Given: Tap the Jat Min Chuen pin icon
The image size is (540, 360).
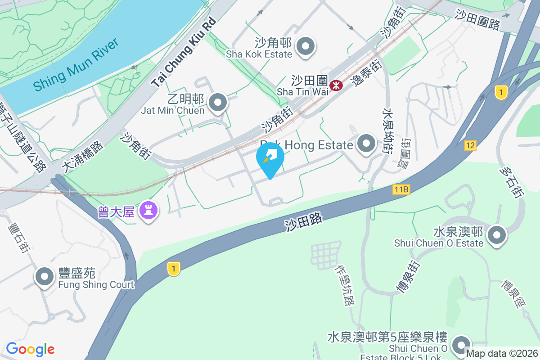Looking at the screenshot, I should click(x=218, y=103).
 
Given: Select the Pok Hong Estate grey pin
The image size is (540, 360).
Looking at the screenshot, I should click(x=366, y=144).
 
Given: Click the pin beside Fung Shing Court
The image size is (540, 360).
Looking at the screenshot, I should click(x=45, y=277).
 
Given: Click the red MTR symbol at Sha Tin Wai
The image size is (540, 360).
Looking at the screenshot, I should click(x=336, y=85).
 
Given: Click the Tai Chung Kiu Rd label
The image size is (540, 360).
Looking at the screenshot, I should click(x=184, y=53).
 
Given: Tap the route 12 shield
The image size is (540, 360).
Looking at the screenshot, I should click(x=470, y=145).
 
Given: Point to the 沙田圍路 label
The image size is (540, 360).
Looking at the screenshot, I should click(x=477, y=20).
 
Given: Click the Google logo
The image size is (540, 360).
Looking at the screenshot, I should click(x=30, y=349).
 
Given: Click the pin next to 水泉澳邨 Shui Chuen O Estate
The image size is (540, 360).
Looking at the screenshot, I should click(x=497, y=235).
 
